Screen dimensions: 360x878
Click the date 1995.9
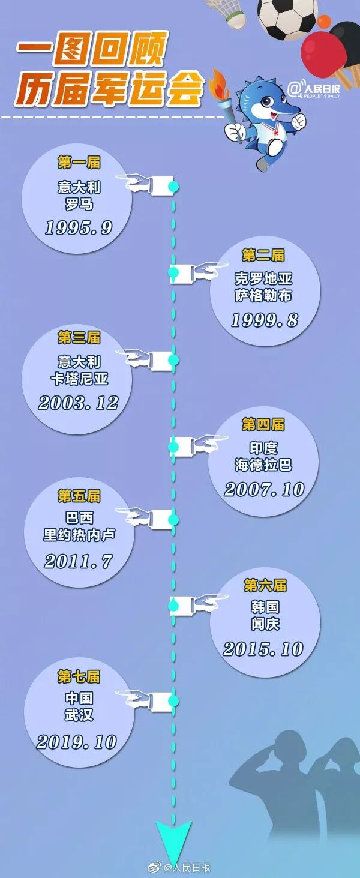click(79, 227)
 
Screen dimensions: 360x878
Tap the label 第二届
click(263, 255)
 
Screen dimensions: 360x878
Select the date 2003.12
click(78, 402)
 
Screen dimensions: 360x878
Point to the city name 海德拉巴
click(263, 465)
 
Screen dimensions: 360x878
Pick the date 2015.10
click(263, 649)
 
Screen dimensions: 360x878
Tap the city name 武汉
click(79, 715)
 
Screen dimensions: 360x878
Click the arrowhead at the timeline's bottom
click(174, 840)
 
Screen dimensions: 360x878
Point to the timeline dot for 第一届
click(173, 187)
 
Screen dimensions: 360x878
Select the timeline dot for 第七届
click(173, 700)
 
